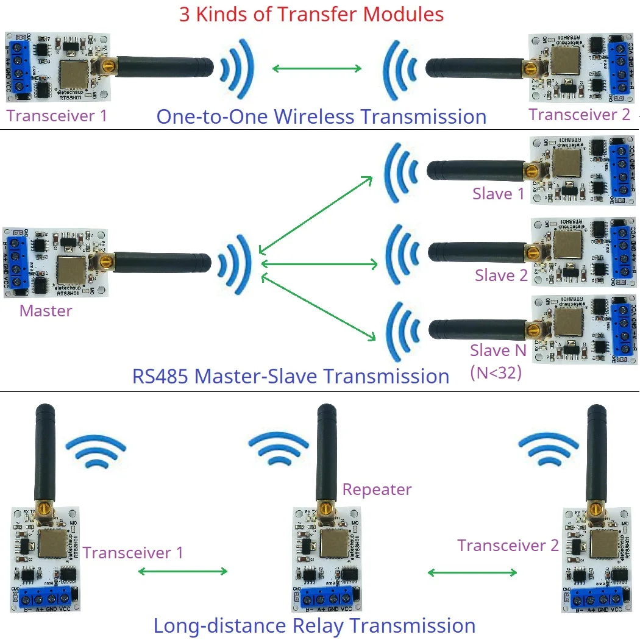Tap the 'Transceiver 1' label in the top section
pyautogui.click(x=57, y=116)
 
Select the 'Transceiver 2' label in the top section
pyautogui.click(x=579, y=114)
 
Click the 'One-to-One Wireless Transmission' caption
pyautogui.click(x=321, y=116)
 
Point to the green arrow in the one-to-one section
pyautogui.click(x=317, y=68)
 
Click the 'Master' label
pyautogui.click(x=46, y=311)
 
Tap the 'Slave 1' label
pyautogui.click(x=498, y=194)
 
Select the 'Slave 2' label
pyautogui.click(x=501, y=276)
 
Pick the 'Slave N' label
pyautogui.click(x=498, y=350)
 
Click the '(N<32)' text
pyautogui.click(x=496, y=372)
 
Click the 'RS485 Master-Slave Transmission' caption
pyautogui.click(x=291, y=376)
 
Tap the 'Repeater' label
pyautogui.click(x=377, y=489)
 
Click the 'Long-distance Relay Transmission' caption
pyautogui.click(x=314, y=625)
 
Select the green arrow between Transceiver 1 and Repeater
pyautogui.click(x=183, y=571)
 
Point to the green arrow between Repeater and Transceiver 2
pyautogui.click(x=472, y=572)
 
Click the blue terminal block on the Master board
pyautogui.click(x=15, y=262)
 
